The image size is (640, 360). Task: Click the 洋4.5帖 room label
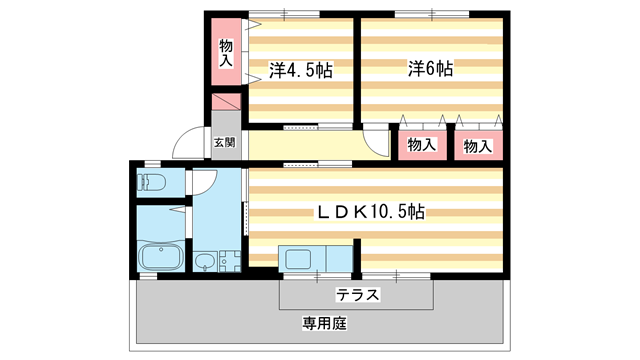click(301, 70)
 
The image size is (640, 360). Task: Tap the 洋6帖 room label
click(430, 69)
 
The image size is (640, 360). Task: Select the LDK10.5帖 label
click(371, 212)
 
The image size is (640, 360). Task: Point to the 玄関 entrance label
click(225, 142)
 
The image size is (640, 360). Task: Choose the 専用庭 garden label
click(322, 324)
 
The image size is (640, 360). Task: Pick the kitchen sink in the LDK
click(300, 259)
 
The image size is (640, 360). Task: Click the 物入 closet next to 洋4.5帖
click(226, 51)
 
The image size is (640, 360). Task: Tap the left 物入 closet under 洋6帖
click(421, 145)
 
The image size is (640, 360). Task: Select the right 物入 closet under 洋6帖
click(478, 145)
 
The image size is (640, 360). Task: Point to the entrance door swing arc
click(187, 145)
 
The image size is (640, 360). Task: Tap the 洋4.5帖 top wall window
click(284, 14)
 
